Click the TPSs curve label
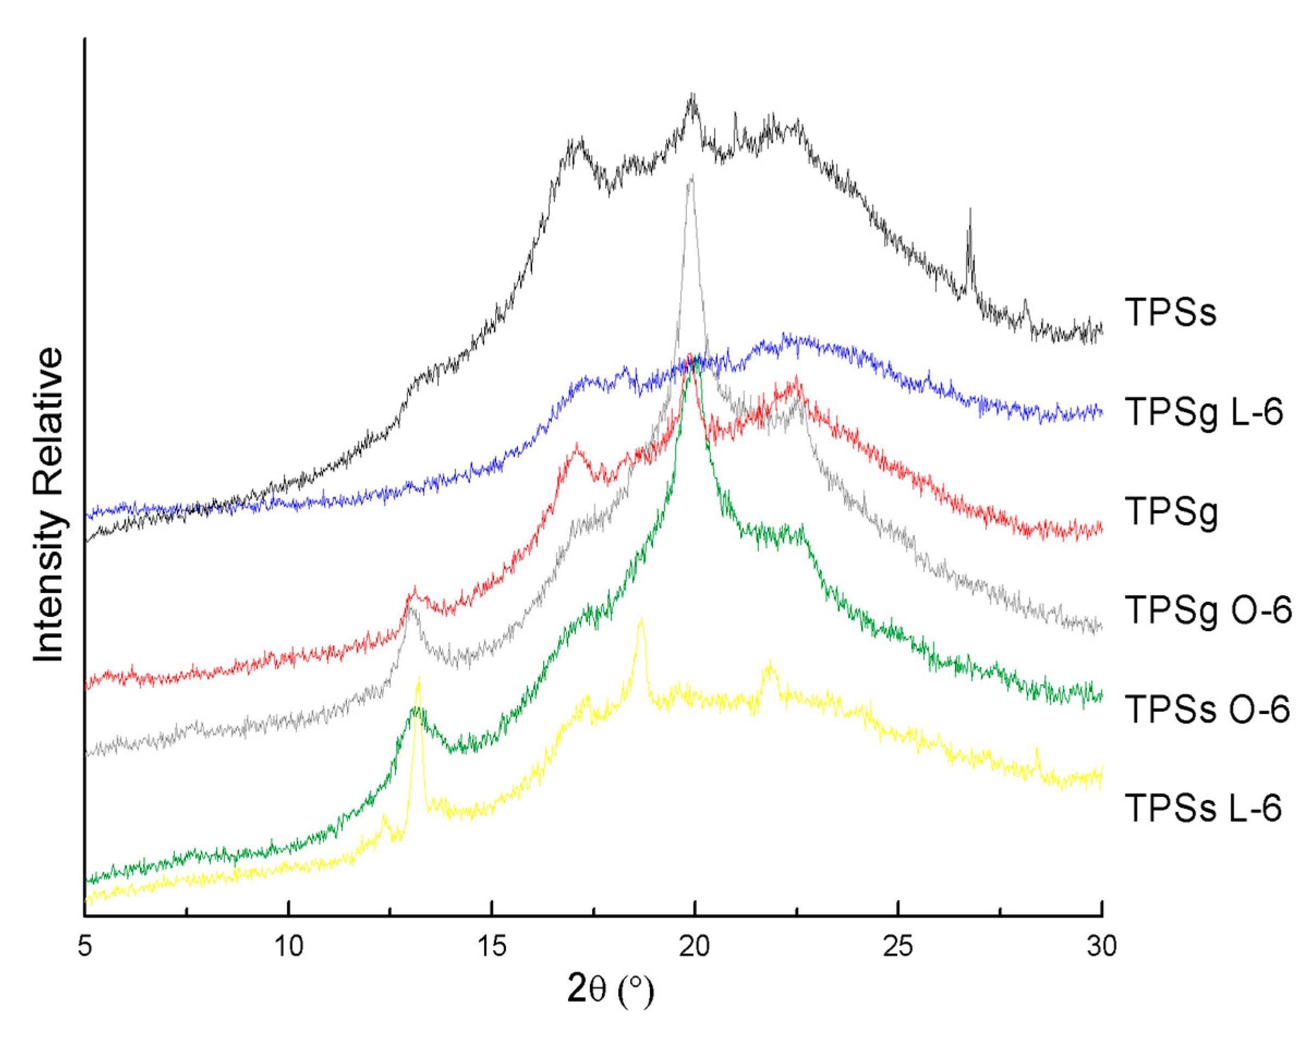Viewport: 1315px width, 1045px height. [x=1170, y=312]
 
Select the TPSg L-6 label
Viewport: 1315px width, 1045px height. [x=1203, y=412]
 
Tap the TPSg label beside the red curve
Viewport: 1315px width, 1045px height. [x=1171, y=512]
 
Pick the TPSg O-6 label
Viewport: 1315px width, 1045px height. [x=1208, y=610]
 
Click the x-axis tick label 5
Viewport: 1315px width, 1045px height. [x=85, y=946]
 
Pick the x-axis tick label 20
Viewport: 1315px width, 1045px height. [x=695, y=946]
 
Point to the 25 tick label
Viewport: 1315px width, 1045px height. [x=898, y=946]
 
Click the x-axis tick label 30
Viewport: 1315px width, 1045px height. [x=1101, y=946]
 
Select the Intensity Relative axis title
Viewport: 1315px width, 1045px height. [x=49, y=505]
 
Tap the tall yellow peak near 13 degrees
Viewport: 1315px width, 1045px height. [x=418, y=680]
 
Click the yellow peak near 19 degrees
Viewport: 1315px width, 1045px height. [x=641, y=620]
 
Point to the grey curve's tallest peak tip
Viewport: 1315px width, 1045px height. [x=690, y=178]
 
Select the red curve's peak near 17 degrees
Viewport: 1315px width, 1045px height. [x=576, y=447]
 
